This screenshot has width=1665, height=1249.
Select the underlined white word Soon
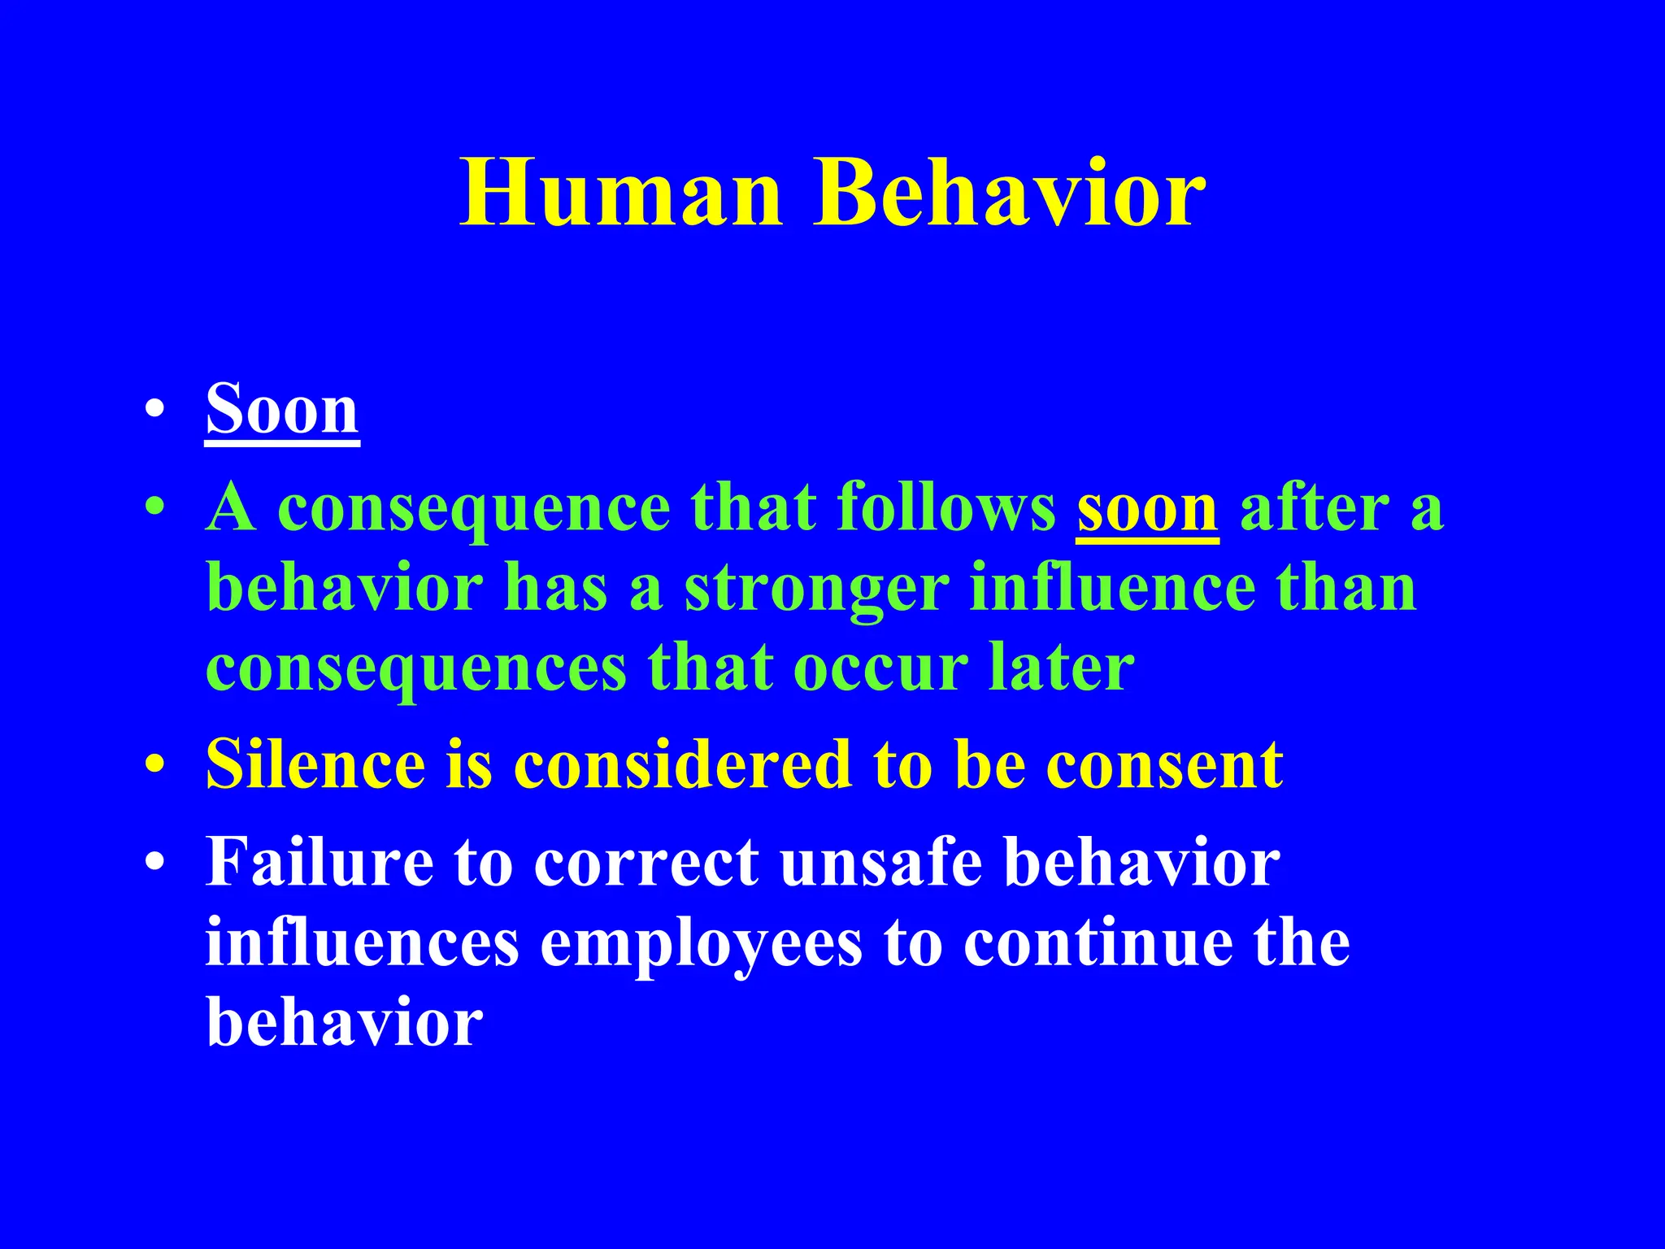281,410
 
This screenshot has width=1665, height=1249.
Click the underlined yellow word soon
1147,509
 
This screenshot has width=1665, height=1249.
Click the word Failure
319,862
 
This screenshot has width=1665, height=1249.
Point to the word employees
701,945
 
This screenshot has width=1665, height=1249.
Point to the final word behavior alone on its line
345,1023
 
